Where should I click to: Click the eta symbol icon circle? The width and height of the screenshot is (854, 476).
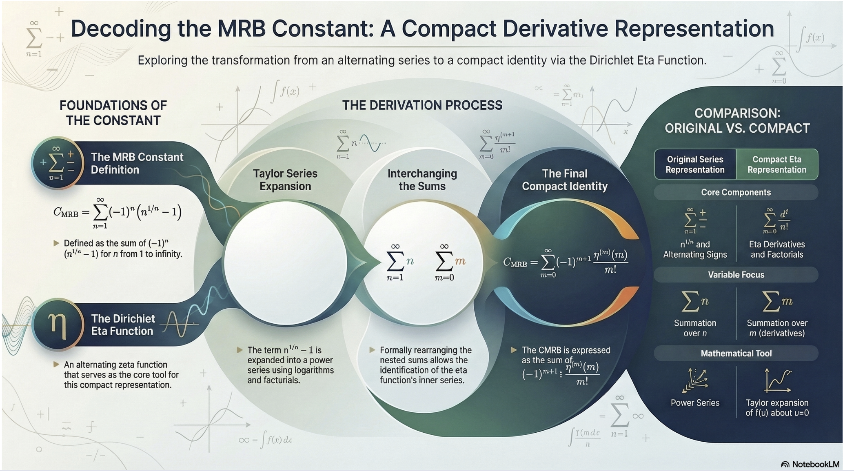[58, 325]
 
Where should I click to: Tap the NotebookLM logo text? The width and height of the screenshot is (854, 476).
[815, 464]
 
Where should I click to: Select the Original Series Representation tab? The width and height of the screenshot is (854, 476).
[695, 165]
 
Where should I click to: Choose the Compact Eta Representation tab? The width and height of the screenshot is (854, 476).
[776, 165]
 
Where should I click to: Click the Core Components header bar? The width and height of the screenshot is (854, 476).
[736, 192]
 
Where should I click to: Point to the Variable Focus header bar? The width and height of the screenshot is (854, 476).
[736, 275]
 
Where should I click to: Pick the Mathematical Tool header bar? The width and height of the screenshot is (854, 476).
[736, 354]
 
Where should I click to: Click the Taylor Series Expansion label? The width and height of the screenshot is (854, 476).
[285, 180]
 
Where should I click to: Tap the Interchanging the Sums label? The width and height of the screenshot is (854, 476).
[422, 180]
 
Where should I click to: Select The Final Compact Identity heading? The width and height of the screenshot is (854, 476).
[565, 180]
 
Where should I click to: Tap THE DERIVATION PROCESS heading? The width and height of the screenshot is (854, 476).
[422, 105]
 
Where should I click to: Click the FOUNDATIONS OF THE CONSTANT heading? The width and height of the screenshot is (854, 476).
[113, 113]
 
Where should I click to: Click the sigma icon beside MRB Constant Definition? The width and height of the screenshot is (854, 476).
[58, 163]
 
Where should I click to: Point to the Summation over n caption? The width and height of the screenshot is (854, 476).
[695, 328]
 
